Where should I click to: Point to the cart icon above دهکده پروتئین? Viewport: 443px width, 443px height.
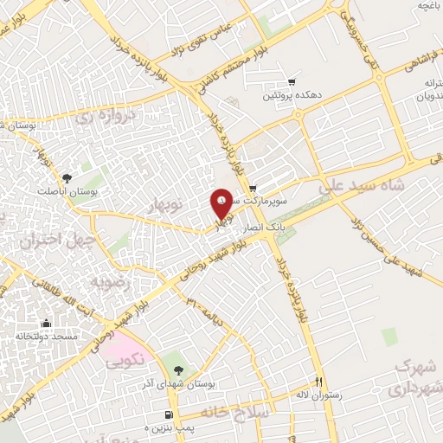[x=292, y=82]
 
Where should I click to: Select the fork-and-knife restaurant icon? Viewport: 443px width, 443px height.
[x=318, y=382]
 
